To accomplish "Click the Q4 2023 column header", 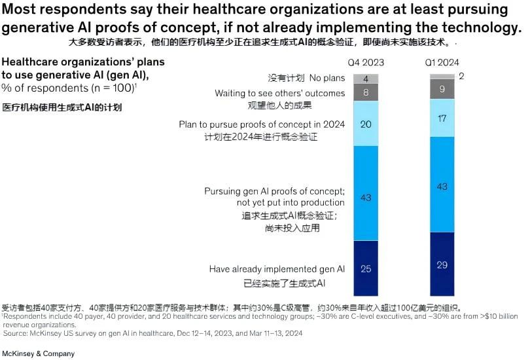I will [x=366, y=63].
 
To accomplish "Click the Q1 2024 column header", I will [x=442, y=63].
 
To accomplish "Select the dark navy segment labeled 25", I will [x=366, y=268].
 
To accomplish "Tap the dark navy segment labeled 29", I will [x=442, y=264].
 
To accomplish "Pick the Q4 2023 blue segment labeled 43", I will [x=366, y=197].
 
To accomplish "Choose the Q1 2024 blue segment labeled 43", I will [x=442, y=187].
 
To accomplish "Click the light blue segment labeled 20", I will [x=366, y=124].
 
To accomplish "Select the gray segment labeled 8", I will [x=366, y=93].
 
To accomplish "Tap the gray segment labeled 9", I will [x=442, y=88].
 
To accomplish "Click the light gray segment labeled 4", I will [x=366, y=79].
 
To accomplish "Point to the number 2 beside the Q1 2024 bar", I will [x=461, y=76].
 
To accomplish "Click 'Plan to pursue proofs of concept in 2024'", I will [x=262, y=124].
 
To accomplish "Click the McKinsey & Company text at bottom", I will [x=38, y=353].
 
